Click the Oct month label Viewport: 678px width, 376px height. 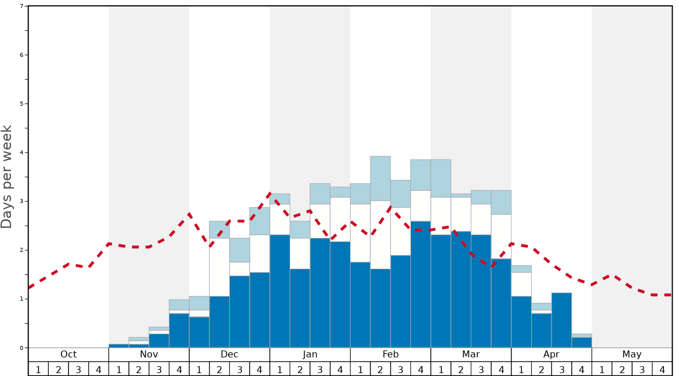68,355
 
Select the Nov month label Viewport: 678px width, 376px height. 149,355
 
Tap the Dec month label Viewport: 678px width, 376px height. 229,355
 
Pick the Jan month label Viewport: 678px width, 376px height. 310,355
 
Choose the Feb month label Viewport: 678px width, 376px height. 391,355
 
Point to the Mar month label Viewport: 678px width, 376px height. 471,355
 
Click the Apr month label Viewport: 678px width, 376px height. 551,355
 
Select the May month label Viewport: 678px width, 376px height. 632,355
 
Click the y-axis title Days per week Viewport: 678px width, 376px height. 7,176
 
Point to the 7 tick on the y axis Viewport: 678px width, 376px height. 21,6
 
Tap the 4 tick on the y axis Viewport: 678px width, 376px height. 21,153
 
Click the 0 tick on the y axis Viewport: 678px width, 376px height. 21,348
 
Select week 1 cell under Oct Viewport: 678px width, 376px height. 38,369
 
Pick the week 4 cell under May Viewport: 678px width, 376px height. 662,369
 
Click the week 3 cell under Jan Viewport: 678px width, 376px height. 320,369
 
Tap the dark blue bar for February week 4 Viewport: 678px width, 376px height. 421,284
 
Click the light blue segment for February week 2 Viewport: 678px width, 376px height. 380,178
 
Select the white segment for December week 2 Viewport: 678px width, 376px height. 219,267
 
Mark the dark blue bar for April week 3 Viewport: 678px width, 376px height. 561,320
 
